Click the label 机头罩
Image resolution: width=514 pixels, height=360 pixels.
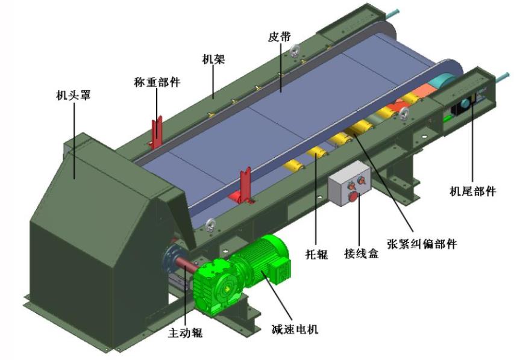(73, 95)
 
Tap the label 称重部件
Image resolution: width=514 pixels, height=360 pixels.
(157, 82)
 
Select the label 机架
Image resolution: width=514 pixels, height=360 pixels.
(213, 59)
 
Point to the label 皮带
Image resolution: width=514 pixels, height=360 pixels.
(279, 37)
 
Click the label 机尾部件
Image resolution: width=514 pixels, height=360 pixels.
(472, 191)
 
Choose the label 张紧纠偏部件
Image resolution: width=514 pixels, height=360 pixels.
(422, 244)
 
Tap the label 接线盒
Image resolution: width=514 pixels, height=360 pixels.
(362, 253)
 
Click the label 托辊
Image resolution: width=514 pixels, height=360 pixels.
(317, 254)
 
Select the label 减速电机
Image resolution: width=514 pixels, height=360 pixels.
(295, 329)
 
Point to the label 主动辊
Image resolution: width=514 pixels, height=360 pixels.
(185, 332)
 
